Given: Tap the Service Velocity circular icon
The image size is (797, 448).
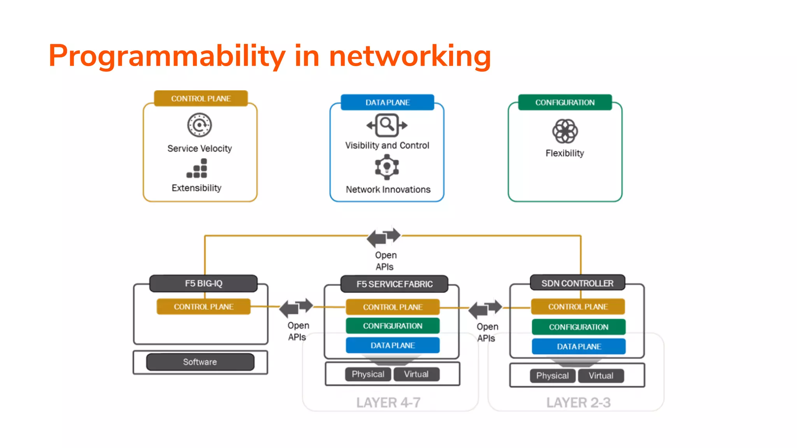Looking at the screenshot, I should point(199,125).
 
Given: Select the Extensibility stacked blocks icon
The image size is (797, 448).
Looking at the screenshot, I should point(197,168).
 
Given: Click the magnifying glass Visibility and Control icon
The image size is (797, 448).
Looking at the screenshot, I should point(387,125).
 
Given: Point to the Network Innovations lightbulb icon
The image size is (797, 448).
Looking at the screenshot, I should point(386,167).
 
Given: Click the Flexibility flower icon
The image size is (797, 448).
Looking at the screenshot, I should point(565,131).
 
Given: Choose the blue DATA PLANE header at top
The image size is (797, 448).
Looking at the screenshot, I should point(387,103).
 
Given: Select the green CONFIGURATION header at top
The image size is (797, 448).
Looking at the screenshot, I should point(565,103).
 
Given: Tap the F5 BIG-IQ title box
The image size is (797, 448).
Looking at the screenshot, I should point(204,283).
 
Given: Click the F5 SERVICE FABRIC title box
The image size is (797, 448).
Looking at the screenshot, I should point(394,284).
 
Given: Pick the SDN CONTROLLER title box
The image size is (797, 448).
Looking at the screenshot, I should point(577,283).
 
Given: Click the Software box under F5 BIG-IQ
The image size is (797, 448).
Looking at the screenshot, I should point(200,362).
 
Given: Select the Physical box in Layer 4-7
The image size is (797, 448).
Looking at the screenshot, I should point(368,374).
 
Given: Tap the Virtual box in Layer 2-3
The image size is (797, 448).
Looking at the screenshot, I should point(600,376).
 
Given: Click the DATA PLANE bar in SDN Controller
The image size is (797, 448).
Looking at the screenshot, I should point(579,346).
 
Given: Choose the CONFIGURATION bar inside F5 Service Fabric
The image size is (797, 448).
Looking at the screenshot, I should point(393,326).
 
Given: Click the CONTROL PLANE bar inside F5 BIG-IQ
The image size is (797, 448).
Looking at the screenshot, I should point(204,307).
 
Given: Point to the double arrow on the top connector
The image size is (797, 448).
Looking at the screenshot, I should point(384,237).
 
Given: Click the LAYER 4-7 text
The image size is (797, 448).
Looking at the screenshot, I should point(388,402).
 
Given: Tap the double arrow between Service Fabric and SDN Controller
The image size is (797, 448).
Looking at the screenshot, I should point(485,308).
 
